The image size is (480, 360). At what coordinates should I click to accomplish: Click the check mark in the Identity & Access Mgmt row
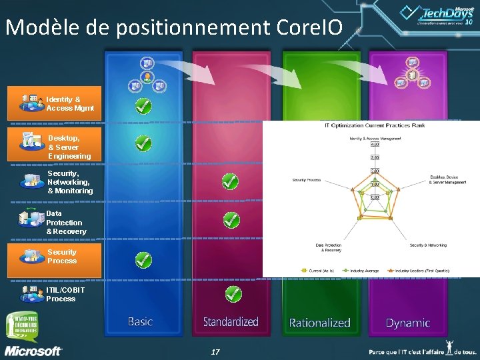(143, 105)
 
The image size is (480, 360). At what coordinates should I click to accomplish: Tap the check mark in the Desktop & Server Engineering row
(143, 143)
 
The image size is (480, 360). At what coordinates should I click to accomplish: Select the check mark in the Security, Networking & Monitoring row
(230, 181)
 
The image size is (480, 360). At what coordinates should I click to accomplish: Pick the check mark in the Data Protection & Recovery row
(231, 219)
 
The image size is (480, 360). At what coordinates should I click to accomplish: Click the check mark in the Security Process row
(143, 259)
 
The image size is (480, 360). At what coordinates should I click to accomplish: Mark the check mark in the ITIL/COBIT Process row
(232, 293)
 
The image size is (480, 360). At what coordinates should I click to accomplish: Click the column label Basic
(140, 321)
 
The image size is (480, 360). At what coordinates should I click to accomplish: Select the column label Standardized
(231, 322)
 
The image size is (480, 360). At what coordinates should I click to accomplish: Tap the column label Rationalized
(319, 323)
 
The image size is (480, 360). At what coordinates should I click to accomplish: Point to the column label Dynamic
(407, 323)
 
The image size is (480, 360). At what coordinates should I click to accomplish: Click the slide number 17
(215, 351)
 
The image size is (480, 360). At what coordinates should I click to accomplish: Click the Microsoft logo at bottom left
(33, 351)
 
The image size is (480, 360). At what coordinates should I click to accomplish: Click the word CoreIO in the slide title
(307, 27)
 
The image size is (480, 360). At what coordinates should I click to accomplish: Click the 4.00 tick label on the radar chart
(375, 144)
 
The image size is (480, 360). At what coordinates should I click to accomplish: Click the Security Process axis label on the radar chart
(307, 179)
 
